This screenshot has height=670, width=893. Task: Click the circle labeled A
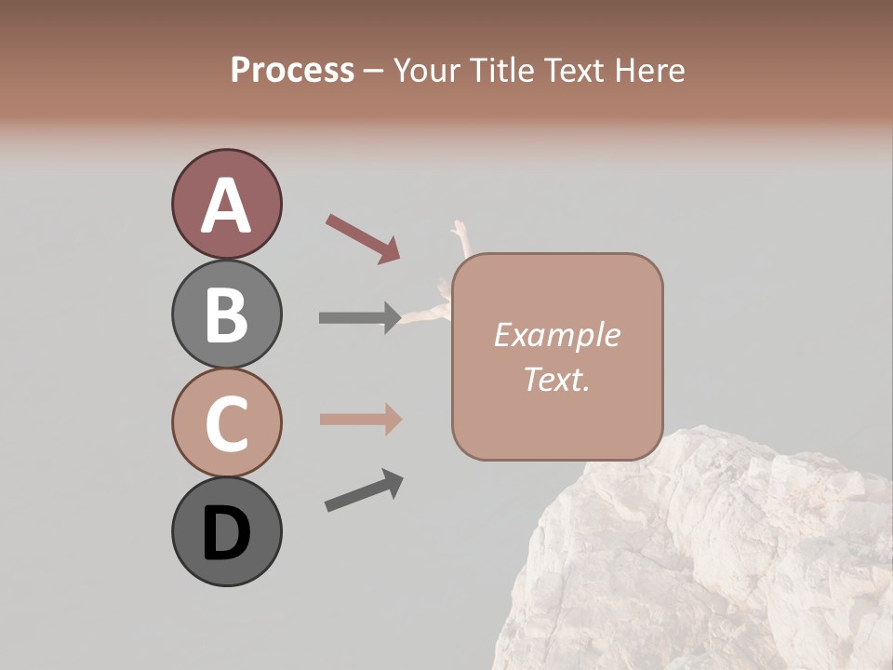226,204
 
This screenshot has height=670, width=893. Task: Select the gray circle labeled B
226,314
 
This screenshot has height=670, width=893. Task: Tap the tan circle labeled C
226,422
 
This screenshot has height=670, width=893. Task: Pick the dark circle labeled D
226,531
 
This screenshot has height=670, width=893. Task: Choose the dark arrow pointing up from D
364,490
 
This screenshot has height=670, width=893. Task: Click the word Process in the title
292,70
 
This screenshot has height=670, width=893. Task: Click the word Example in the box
557,335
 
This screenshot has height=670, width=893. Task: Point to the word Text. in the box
557,379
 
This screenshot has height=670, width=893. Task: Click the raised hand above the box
459,231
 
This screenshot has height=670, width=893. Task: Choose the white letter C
226,423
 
